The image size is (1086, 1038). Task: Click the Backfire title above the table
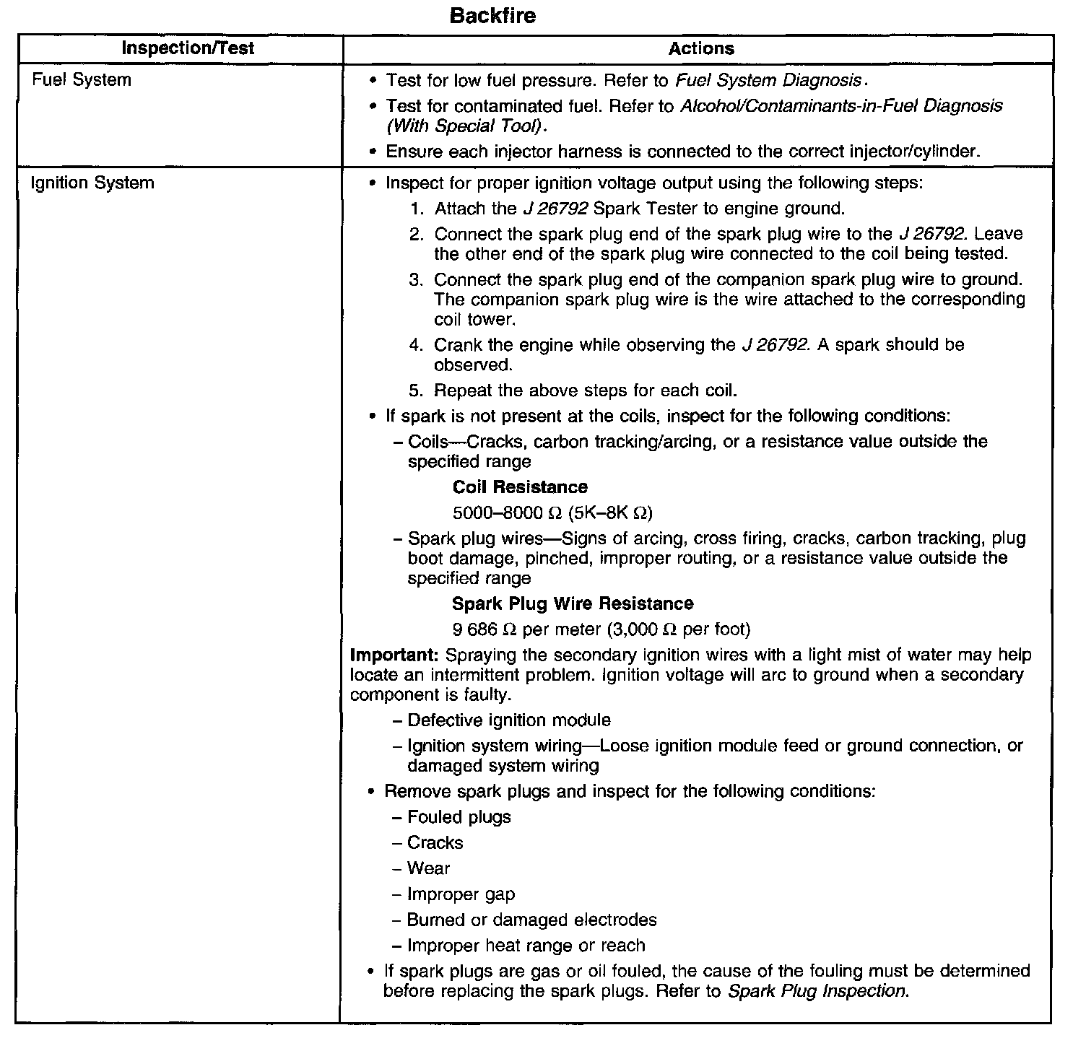click(x=492, y=16)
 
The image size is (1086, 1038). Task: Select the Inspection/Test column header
click(x=188, y=48)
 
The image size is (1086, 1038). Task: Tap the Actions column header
click(x=701, y=48)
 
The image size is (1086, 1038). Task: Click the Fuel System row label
click(x=82, y=79)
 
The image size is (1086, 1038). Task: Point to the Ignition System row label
click(x=92, y=183)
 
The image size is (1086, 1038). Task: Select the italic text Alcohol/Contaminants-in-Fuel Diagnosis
click(x=841, y=106)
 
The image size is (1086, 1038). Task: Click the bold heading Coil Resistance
click(x=520, y=487)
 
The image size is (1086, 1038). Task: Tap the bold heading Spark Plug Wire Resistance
click(x=573, y=603)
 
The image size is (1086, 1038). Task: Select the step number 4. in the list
click(x=415, y=345)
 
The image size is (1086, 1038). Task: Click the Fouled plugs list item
click(x=459, y=817)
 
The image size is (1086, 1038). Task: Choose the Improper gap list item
click(x=461, y=894)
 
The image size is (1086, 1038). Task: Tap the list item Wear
click(x=428, y=868)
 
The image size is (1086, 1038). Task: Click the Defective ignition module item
click(x=508, y=720)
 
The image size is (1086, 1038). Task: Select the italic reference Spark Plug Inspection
click(x=816, y=991)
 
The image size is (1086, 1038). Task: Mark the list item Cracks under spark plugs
click(x=435, y=843)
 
